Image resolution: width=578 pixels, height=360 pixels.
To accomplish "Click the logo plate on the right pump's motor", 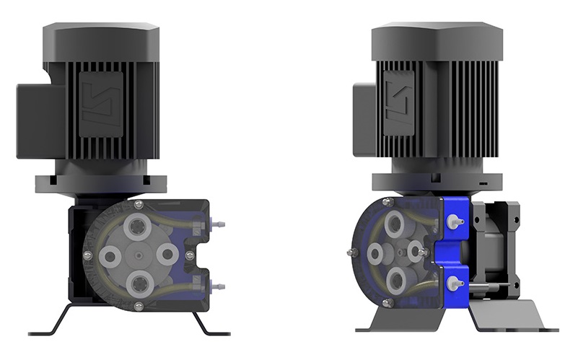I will tap(401, 106).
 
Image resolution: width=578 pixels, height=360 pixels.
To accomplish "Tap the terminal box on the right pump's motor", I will tap(364, 118).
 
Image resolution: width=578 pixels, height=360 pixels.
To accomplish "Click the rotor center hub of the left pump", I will tap(138, 255).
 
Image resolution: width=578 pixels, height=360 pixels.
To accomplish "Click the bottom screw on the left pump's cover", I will tap(139, 307).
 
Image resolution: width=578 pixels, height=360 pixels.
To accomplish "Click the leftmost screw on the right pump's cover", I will tap(351, 252).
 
